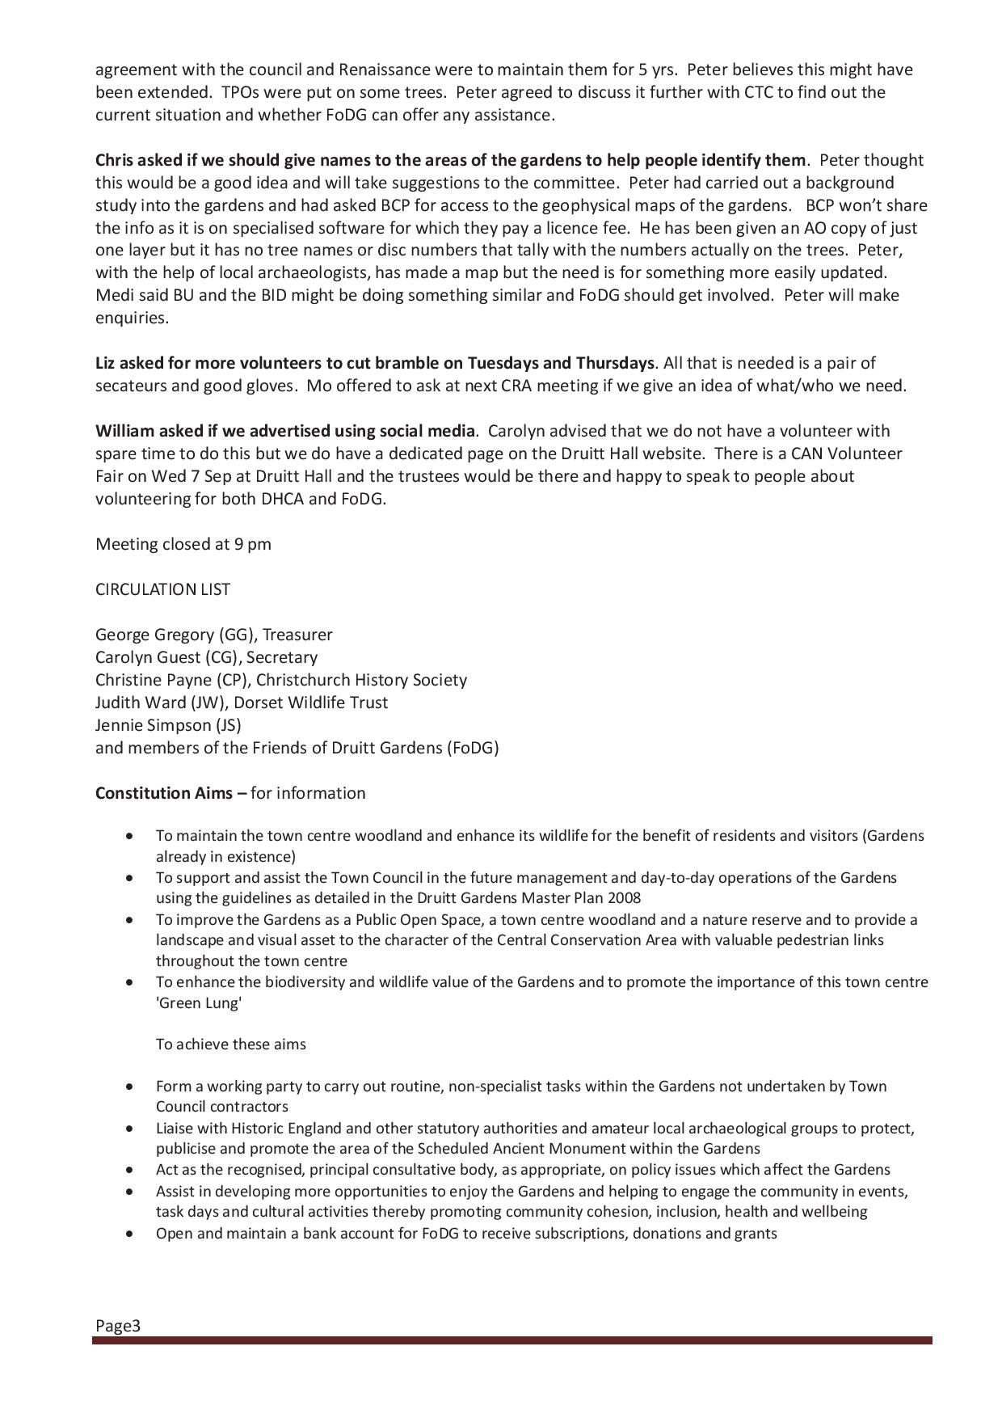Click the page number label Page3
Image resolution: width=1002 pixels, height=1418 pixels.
click(x=118, y=1326)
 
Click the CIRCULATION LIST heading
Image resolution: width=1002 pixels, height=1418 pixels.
click(x=162, y=589)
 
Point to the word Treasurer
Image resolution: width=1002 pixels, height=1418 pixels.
click(x=297, y=635)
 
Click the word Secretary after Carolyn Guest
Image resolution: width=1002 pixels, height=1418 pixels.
click(x=282, y=657)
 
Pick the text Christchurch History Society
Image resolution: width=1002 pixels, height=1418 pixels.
click(x=361, y=680)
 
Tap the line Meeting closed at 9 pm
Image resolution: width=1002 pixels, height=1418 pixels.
click(x=183, y=544)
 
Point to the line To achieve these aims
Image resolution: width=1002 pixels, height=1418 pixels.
click(x=231, y=1045)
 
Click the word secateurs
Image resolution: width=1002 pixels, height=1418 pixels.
click(x=132, y=386)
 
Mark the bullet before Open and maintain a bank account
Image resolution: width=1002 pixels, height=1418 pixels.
click(x=129, y=1234)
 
